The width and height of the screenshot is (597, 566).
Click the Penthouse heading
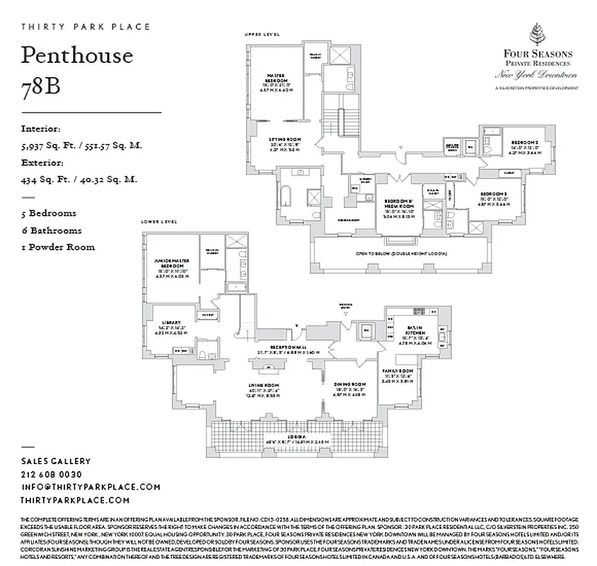pyautogui.click(x=77, y=55)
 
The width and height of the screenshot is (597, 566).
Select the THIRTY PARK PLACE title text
pyautogui.click(x=86, y=27)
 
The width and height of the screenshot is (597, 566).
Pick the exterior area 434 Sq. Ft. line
pyautogui.click(x=79, y=180)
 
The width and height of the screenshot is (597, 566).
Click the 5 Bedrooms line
pyautogui.click(x=49, y=213)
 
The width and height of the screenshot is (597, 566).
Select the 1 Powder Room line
pyautogui.click(x=58, y=247)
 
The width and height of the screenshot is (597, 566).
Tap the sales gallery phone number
pyautogui.click(x=52, y=474)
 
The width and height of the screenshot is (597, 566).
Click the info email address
pyautogui.click(x=91, y=487)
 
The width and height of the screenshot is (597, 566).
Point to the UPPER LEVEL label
pyautogui.click(x=262, y=34)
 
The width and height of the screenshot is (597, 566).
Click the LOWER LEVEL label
pyautogui.click(x=159, y=221)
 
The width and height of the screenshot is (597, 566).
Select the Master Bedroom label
pyautogui.click(x=275, y=79)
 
